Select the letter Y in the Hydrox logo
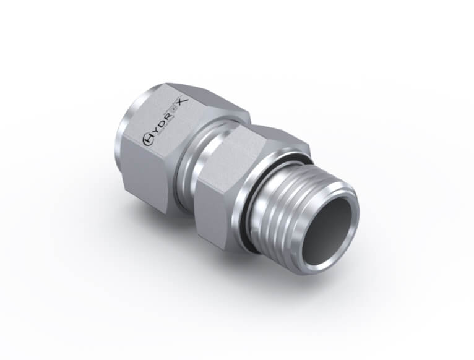coord(154,133)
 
